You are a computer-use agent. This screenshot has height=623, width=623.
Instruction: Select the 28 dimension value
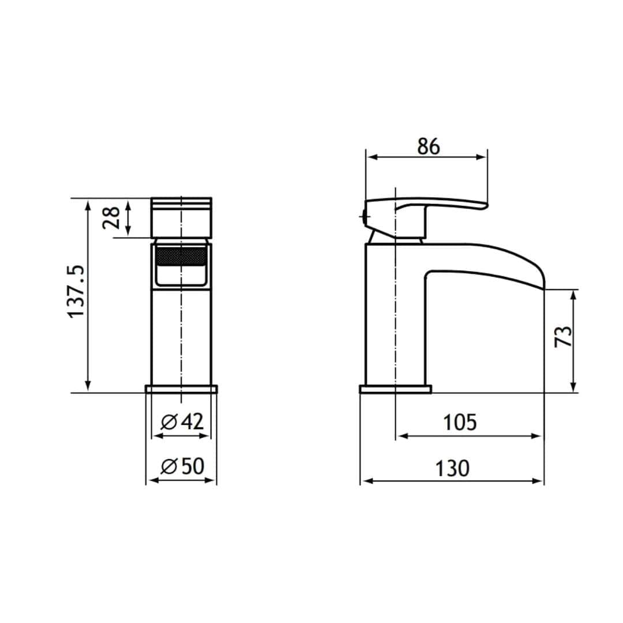[x=111, y=217]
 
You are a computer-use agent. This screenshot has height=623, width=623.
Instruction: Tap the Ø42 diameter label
[x=182, y=422]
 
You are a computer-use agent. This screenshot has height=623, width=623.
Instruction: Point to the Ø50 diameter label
[x=182, y=466]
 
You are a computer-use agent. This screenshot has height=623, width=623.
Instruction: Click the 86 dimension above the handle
[x=428, y=147]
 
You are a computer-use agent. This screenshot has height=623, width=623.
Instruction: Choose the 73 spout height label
[x=564, y=336]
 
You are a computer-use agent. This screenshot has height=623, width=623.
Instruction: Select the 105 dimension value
[x=460, y=422]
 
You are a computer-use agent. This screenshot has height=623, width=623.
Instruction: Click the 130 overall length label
[x=452, y=468]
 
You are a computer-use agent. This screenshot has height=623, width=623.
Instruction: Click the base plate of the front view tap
[x=182, y=389]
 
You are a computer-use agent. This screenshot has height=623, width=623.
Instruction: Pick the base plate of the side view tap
[x=395, y=389]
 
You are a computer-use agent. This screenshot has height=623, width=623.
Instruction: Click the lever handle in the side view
[x=438, y=205]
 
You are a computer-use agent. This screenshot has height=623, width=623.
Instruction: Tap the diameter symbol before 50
[x=168, y=466]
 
